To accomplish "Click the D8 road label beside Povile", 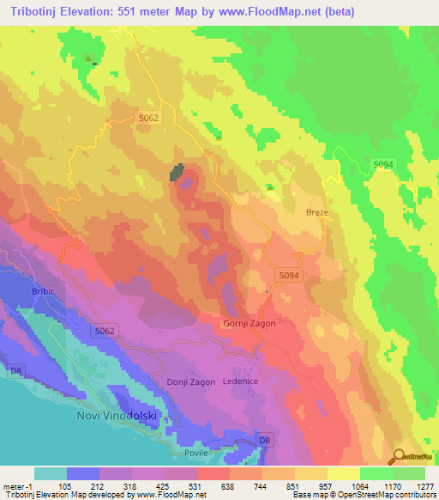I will pos(265,441).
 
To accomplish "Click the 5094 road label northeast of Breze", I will pos(383,164).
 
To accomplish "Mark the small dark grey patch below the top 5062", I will pos(178,173).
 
